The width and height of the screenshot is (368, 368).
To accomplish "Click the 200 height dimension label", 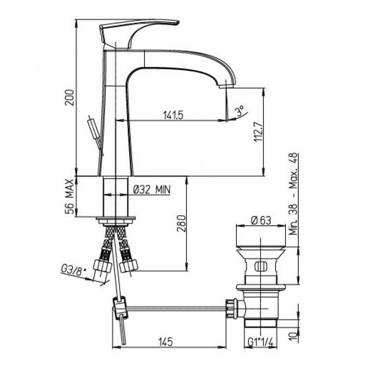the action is [x=70, y=98].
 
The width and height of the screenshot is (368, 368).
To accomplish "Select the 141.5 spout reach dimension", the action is [x=173, y=115].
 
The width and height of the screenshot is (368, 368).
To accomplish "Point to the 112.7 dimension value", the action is [x=259, y=132].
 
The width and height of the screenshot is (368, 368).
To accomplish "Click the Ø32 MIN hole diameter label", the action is [x=152, y=190].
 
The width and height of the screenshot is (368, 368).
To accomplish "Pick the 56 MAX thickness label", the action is [x=70, y=197].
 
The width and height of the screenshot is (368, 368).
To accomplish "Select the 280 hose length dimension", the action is [x=181, y=223].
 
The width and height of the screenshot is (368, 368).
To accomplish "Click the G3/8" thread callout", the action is [x=73, y=270].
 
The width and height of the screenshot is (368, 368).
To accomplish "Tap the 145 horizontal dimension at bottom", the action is [x=166, y=342].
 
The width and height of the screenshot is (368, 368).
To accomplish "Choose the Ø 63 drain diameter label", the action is [x=261, y=220].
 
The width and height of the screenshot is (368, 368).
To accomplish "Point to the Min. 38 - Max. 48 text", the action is [x=293, y=194].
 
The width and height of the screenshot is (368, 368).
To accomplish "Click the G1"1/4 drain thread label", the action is [x=261, y=342].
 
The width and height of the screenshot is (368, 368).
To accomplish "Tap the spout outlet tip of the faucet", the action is [x=226, y=86].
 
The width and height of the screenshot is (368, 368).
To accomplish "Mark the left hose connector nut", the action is [x=102, y=266].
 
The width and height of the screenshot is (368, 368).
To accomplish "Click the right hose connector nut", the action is [x=128, y=265].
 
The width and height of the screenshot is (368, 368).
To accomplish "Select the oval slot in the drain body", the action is [x=261, y=266].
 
